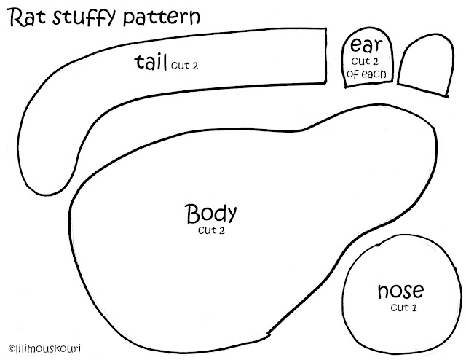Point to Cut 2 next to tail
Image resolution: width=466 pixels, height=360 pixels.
tap(185, 65)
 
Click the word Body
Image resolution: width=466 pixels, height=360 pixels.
tap(211, 214)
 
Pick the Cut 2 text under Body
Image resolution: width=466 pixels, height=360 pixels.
tap(210, 232)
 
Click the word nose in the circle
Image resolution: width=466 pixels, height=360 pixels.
tap(400, 291)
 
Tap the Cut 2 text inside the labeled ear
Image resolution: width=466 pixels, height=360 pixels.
tap(367, 61)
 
